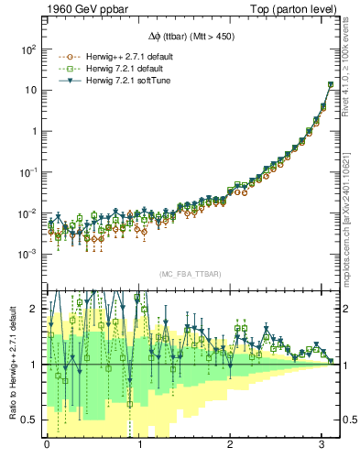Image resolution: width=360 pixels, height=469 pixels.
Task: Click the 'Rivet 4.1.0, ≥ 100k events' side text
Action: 353,82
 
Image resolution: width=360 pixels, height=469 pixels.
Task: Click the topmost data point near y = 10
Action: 330,85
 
